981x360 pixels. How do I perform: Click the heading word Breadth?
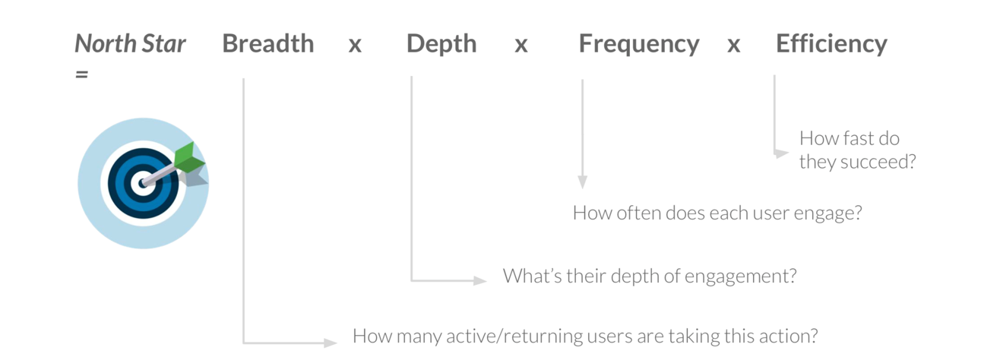pos(268,43)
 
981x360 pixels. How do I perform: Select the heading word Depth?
pos(441,45)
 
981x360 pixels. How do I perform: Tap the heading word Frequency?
pos(639,45)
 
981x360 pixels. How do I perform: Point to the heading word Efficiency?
pos(831,45)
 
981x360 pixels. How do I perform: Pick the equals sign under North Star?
pos(81,74)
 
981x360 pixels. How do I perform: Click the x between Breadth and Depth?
pos(355,45)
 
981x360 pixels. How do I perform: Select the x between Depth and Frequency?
pos(521,45)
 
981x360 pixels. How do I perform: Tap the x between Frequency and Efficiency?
pos(733,45)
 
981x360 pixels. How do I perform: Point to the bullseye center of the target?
pos(143,183)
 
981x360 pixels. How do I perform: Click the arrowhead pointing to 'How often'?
pos(583,182)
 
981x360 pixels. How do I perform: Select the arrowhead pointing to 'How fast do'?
pos(781,153)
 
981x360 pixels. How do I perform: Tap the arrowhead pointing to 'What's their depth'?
pos(480,280)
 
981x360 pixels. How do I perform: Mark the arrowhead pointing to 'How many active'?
pos(331,343)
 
